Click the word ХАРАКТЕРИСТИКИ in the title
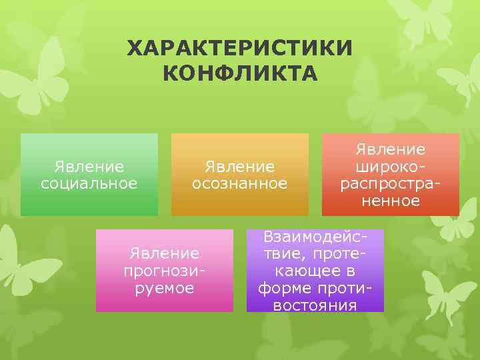click(x=240, y=48)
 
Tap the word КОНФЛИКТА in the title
click(x=240, y=71)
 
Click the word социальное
click(x=89, y=183)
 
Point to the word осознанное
click(x=240, y=183)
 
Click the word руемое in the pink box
click(x=165, y=288)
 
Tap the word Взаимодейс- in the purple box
click(x=315, y=237)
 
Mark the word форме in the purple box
click(x=290, y=288)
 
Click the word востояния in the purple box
click(x=315, y=305)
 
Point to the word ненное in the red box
click(x=391, y=200)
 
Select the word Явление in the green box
click(x=89, y=165)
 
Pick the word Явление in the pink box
click(x=165, y=253)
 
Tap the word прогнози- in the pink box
click(x=165, y=271)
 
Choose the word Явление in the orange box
click(x=240, y=165)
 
